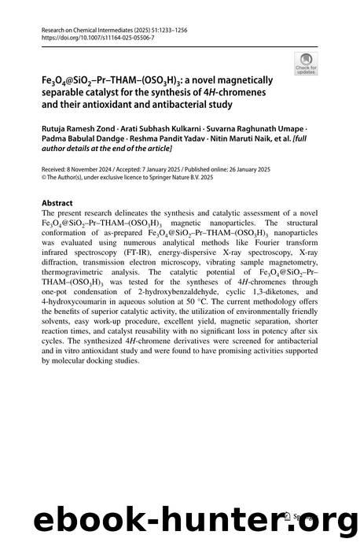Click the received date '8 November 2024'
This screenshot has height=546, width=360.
click(86, 170)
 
